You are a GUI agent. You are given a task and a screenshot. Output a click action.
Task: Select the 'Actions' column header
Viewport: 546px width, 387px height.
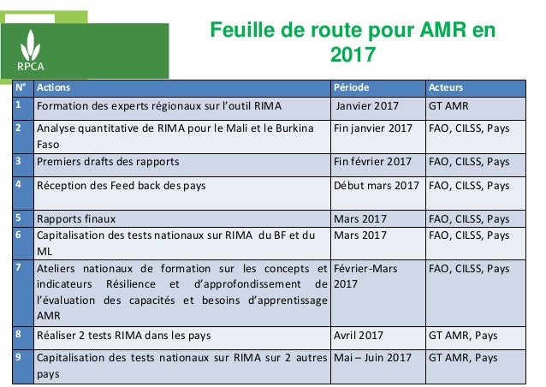pos(55,87)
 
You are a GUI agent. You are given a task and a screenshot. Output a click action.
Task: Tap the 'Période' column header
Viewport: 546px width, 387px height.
pos(353,87)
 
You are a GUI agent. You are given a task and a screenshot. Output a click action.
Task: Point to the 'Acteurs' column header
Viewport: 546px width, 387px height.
pos(446,87)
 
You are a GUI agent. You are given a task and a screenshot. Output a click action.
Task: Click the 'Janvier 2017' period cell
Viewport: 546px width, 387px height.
pos(367,107)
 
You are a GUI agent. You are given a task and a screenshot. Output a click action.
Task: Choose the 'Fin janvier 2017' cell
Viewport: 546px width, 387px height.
pos(373,129)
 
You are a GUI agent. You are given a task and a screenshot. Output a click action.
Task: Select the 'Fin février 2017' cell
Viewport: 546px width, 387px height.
pos(374,161)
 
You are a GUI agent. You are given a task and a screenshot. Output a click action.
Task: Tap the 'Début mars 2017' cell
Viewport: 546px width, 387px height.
pos(377,183)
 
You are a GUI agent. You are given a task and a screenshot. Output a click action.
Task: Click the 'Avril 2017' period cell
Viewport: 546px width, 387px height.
pos(359,335)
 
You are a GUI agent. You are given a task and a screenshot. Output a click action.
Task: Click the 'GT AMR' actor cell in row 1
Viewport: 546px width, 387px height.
pos(448,107)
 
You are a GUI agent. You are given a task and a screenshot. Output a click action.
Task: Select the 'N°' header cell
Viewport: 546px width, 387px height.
pos(19,87)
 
